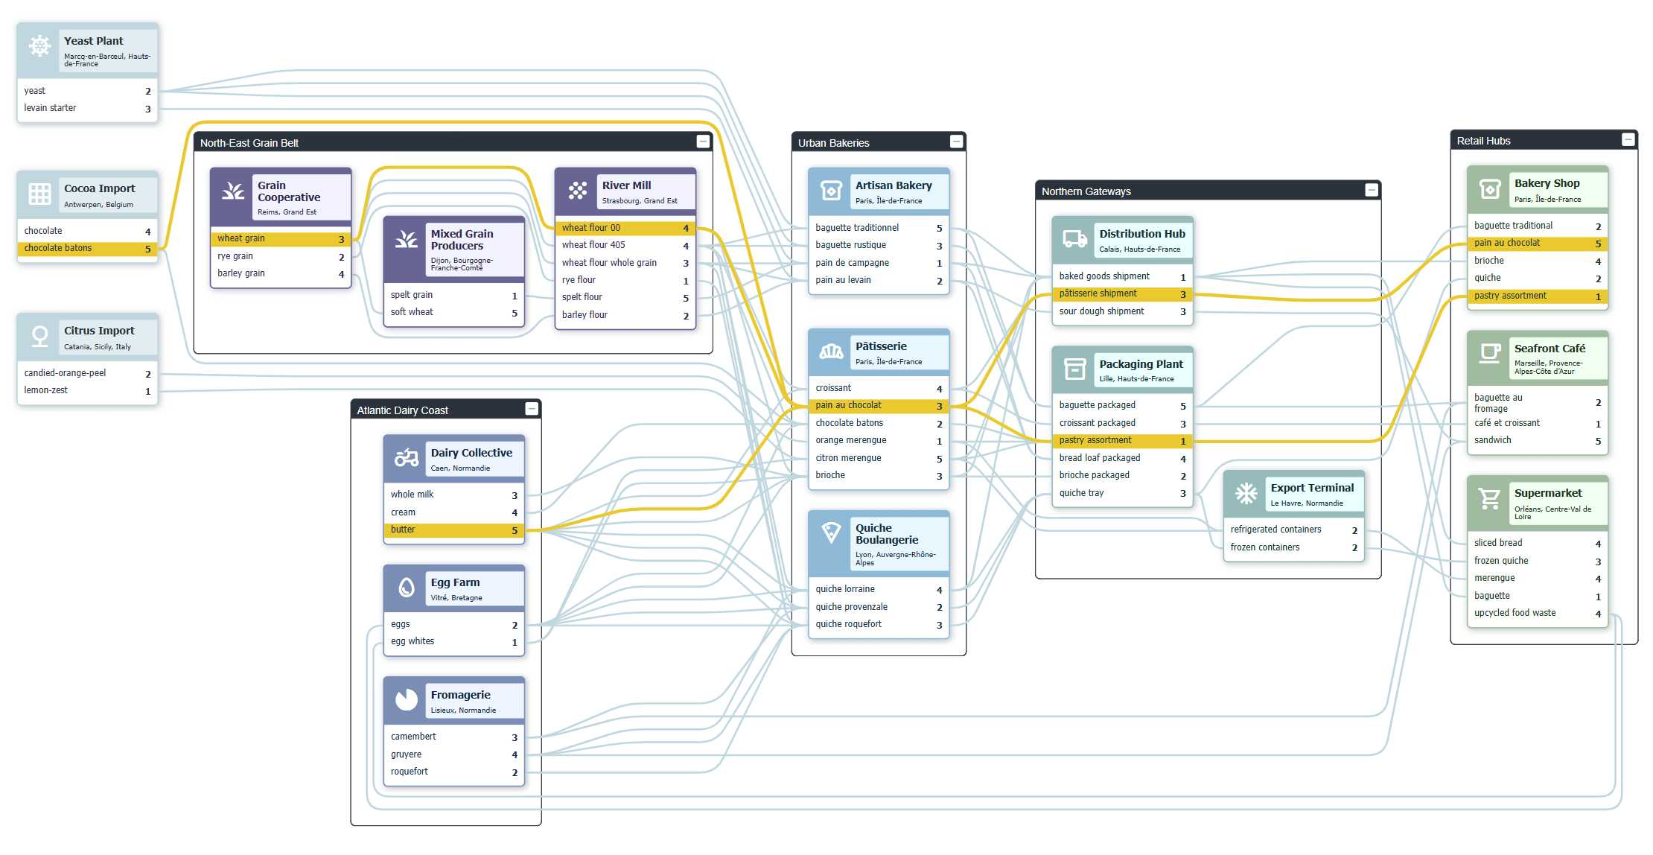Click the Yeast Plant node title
click(x=94, y=41)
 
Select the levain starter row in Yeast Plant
click(x=87, y=108)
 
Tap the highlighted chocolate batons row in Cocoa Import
click(x=87, y=248)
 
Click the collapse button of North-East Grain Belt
click(x=702, y=142)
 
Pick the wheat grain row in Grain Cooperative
click(x=280, y=238)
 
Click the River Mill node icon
click(x=577, y=191)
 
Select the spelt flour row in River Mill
click(x=625, y=297)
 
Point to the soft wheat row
click(x=453, y=312)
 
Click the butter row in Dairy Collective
click(x=453, y=530)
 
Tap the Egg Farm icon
click(x=407, y=588)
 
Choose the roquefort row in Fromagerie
click(x=453, y=772)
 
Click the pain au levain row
click(x=878, y=280)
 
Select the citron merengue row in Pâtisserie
click(x=878, y=458)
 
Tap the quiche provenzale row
click(x=878, y=607)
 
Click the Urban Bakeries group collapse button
click(x=956, y=142)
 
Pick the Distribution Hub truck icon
click(x=1074, y=239)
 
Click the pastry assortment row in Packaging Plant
click(x=1122, y=441)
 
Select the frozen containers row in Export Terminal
click(x=1293, y=547)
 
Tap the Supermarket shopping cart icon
click(x=1489, y=498)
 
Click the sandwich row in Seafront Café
click(x=1537, y=440)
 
